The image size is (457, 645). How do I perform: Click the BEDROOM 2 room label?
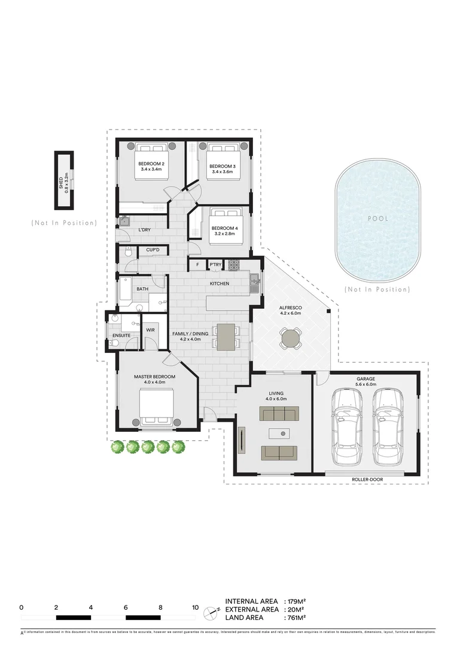pos(151,164)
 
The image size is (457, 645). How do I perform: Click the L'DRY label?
pos(144,230)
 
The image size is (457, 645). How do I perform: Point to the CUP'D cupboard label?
pos(152,250)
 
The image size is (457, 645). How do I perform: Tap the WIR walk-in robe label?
pos(150,328)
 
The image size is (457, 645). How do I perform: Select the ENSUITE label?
pos(121,336)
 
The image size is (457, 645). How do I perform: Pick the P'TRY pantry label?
pos(215,265)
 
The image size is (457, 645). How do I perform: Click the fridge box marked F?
pos(197,265)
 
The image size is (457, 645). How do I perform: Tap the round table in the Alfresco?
pos(291,339)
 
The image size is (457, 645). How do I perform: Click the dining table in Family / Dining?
pos(226,336)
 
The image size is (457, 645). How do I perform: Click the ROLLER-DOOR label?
pos(368,479)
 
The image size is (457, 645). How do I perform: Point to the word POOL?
pos(377,219)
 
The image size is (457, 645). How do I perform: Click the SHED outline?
pos(63,180)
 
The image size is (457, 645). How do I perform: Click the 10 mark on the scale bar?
pos(195,607)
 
